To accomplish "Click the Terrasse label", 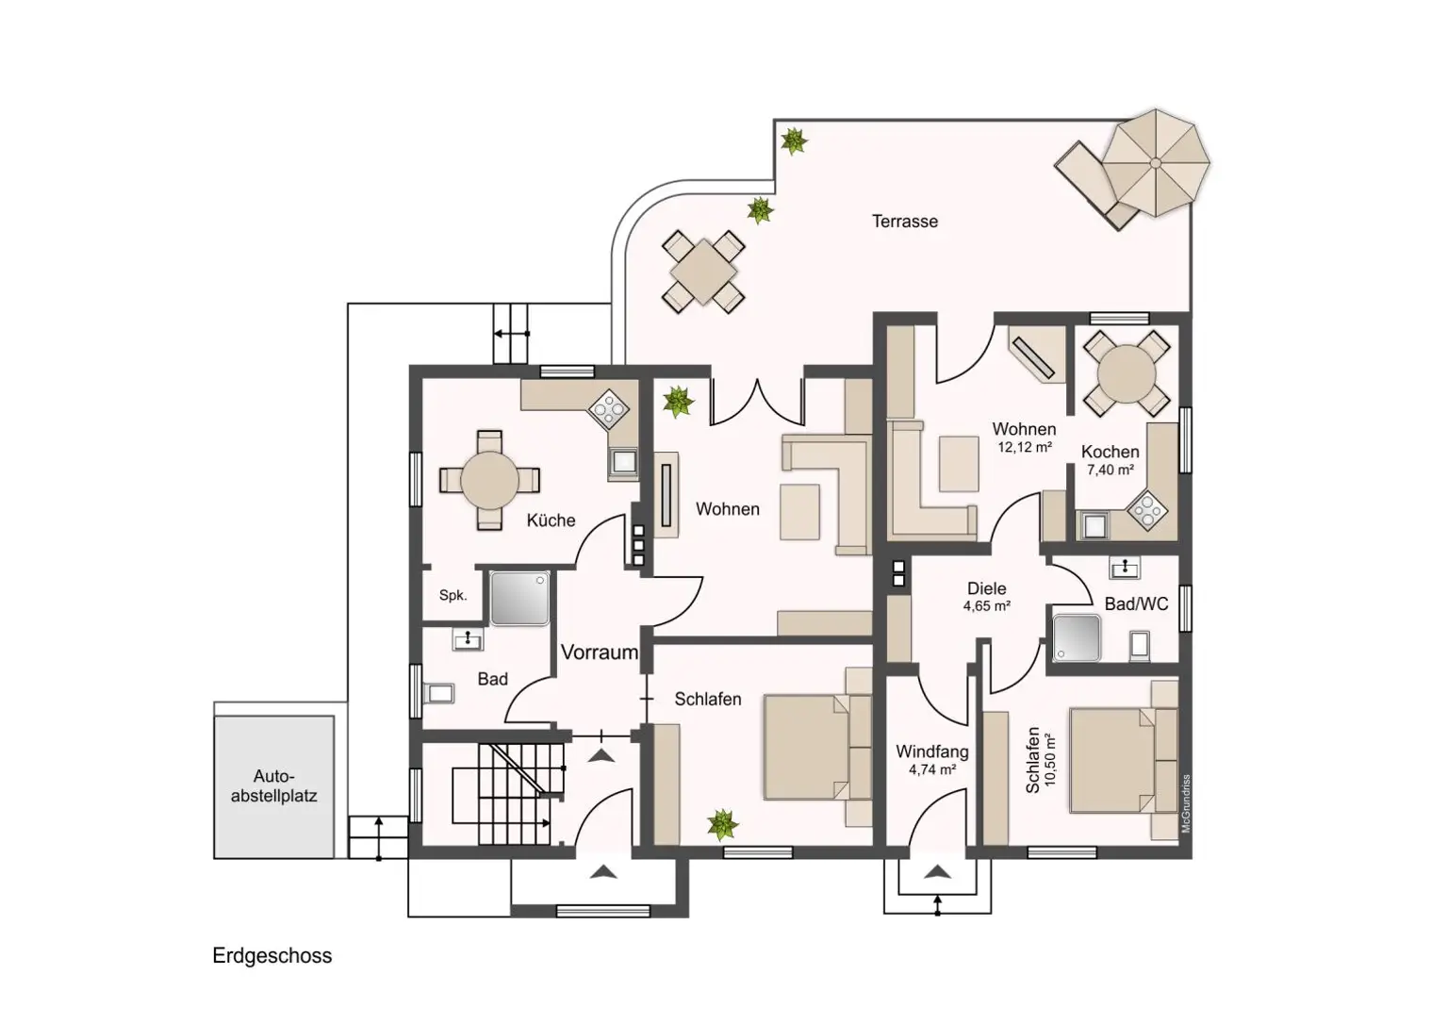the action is (904, 222).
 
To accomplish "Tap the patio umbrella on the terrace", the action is (1155, 163).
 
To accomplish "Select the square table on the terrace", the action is (703, 272).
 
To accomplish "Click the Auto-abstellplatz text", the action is (273, 785).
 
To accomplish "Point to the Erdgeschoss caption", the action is (272, 955).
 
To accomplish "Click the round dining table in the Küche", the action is (489, 480).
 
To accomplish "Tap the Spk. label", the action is (452, 595).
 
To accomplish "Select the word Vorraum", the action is (600, 652).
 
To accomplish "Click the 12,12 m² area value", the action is (1025, 447).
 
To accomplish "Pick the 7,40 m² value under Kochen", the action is (1110, 470).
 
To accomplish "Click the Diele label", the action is (986, 588).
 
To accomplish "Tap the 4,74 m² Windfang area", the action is (932, 769).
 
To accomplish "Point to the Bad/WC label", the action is (1136, 603).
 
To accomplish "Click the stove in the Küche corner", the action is (609, 408).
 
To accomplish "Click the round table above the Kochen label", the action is (1127, 373).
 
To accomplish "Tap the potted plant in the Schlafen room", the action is (722, 825).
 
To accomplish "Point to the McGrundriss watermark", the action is (1186, 803).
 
